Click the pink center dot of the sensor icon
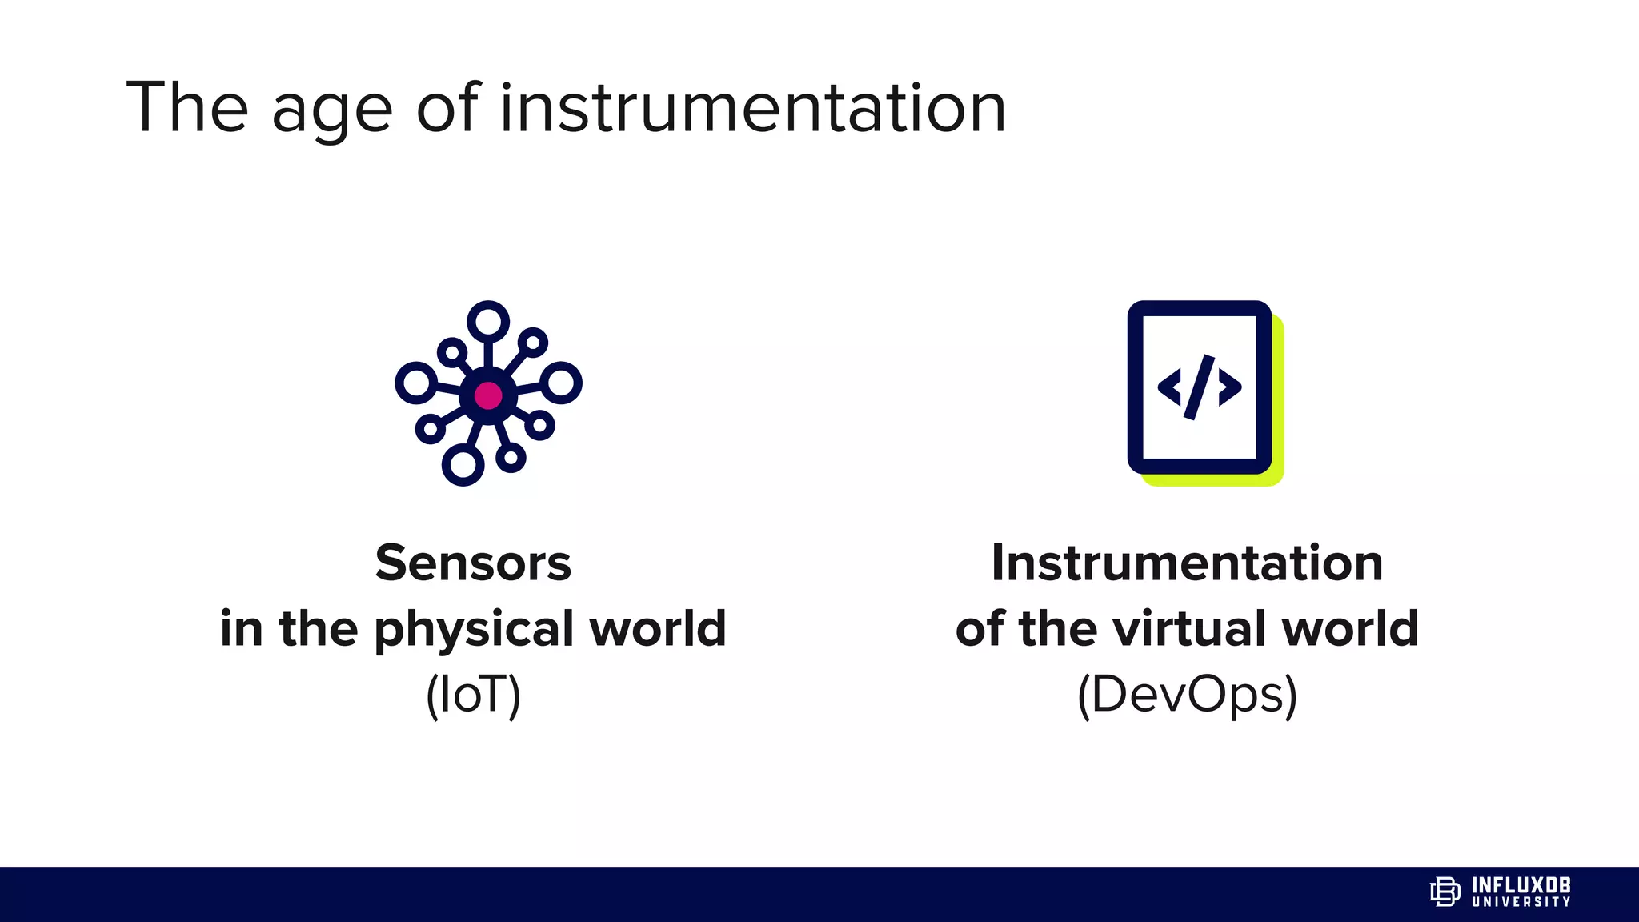488,395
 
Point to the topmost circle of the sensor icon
488,321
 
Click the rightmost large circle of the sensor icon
561,383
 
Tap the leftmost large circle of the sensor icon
416,383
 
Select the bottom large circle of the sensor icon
463,465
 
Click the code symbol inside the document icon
1199,387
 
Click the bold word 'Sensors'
473,563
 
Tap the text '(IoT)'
473,695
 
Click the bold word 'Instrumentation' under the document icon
1187,563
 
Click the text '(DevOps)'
1187,695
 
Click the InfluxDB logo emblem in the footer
1445,892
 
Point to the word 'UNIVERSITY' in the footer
1521,902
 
